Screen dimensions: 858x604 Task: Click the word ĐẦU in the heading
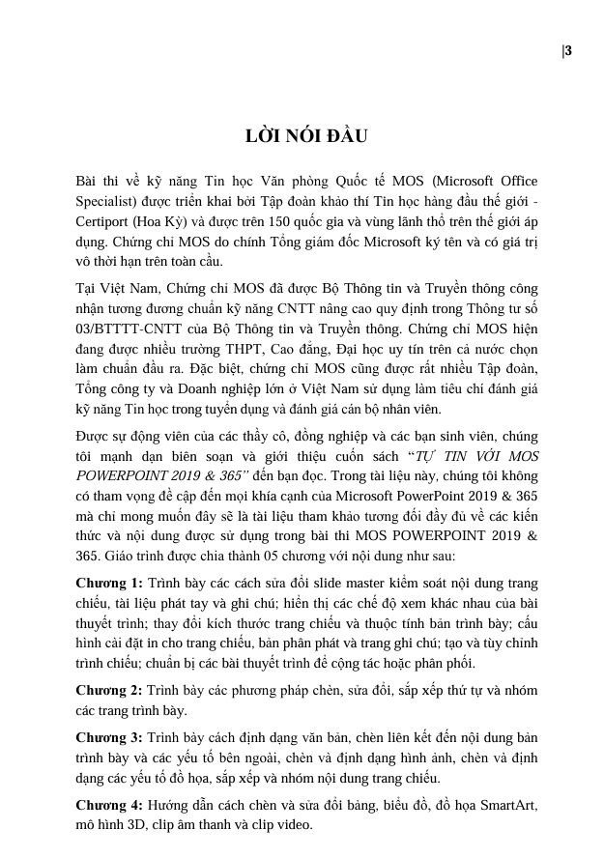point(347,135)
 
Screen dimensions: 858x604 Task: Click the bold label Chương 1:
point(110,583)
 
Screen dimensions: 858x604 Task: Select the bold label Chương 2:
point(110,689)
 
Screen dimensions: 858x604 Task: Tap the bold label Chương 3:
point(110,737)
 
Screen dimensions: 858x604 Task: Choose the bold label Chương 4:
point(110,805)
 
